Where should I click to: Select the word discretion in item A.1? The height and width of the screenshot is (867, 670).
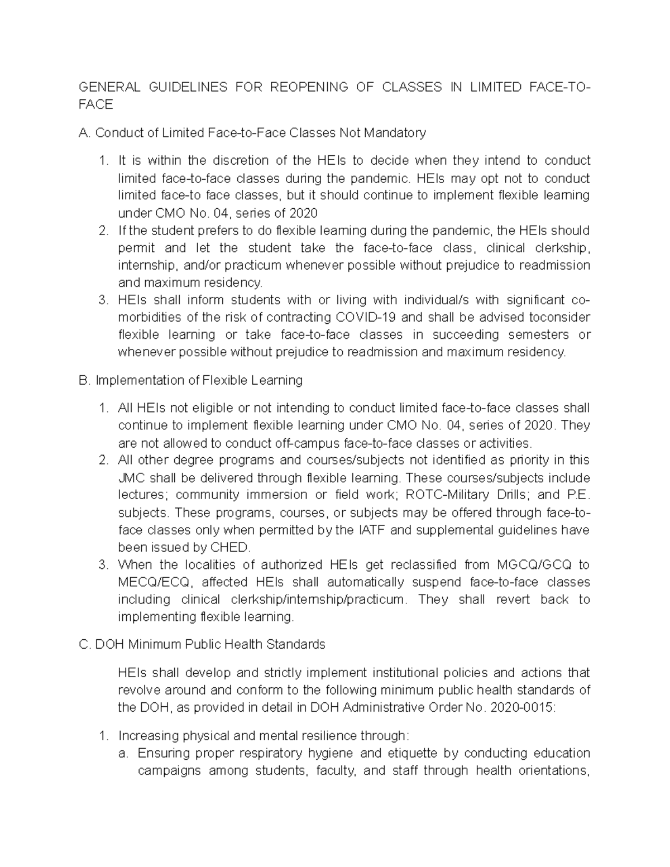pos(241,161)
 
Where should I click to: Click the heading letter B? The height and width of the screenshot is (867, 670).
pos(84,381)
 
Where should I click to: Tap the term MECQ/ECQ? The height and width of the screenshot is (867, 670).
pos(155,582)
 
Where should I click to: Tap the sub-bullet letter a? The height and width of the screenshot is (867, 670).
pos(123,754)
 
